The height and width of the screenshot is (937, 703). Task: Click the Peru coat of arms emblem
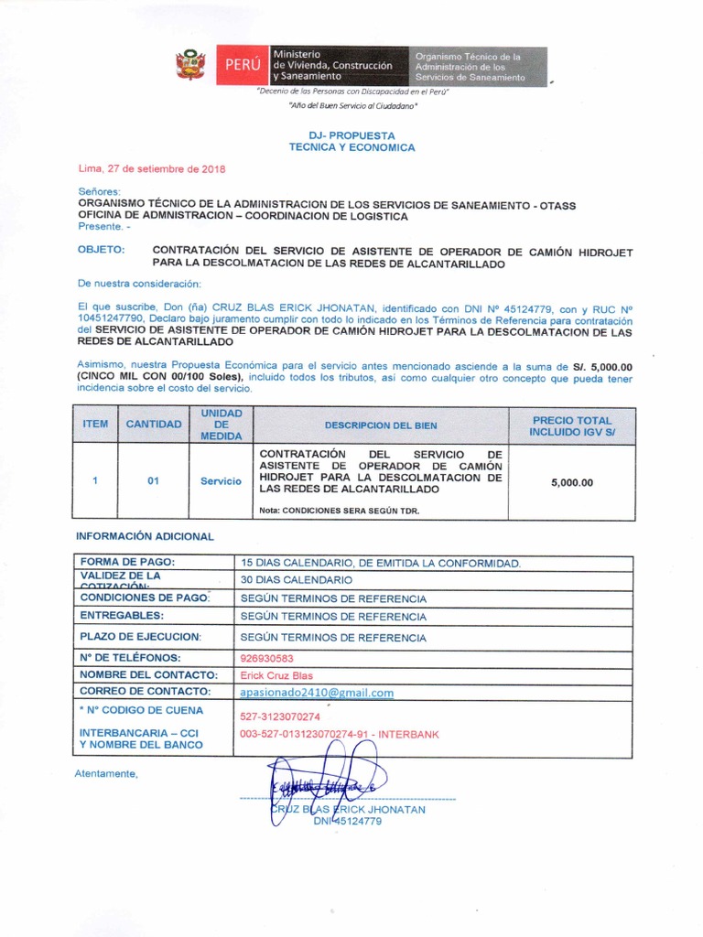point(190,66)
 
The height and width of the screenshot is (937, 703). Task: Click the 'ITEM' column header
point(95,425)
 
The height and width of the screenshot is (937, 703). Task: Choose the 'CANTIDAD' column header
point(153,425)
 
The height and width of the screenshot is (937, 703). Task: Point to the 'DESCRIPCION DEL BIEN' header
point(380,425)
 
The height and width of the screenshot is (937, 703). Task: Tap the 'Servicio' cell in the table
point(221,481)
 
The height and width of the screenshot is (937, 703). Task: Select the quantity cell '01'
point(153,481)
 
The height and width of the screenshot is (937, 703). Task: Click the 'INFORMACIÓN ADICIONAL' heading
point(145,536)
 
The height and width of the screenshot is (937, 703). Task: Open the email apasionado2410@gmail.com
point(317,693)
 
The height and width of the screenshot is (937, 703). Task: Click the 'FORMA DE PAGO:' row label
point(127,561)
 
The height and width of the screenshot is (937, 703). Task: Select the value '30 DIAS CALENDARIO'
point(296,580)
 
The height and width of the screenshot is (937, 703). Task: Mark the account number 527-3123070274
point(280,716)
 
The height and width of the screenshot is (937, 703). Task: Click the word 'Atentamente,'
point(107,774)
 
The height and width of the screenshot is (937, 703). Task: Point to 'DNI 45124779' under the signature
point(347,822)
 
